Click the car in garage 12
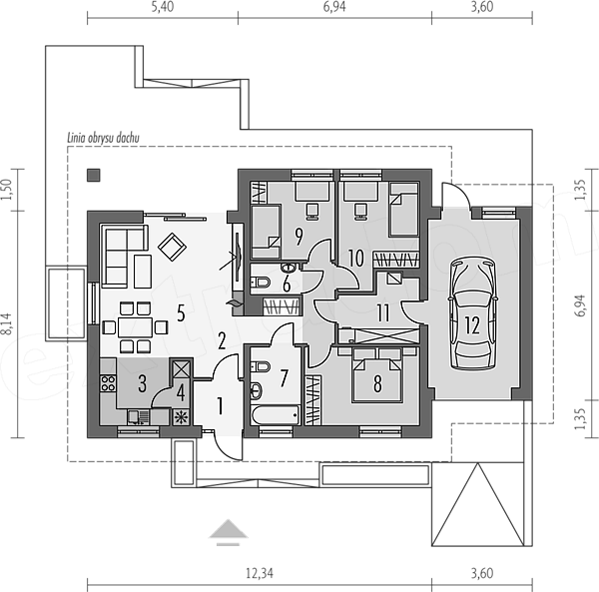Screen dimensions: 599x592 (x=473, y=314)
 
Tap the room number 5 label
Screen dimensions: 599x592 (x=181, y=313)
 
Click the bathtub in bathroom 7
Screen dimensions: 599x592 (x=276, y=415)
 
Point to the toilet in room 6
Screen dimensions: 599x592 (x=261, y=283)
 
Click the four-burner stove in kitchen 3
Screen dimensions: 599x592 (x=108, y=383)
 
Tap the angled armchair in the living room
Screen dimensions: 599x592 (x=172, y=247)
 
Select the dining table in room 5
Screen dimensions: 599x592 (x=135, y=327)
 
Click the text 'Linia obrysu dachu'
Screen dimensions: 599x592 (x=103, y=138)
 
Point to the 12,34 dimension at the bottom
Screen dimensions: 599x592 (x=260, y=573)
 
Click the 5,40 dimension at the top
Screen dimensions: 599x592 (x=163, y=7)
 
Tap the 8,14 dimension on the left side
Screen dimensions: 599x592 (x=8, y=323)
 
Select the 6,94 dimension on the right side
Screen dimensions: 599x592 (x=579, y=305)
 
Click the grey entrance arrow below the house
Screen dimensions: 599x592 (x=229, y=532)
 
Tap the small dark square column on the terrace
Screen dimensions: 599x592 (x=94, y=175)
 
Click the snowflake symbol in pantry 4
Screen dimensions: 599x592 (x=181, y=417)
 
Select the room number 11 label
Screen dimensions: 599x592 (x=383, y=312)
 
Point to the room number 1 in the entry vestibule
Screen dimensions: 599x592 (x=220, y=406)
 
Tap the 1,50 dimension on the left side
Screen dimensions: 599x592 (x=8, y=190)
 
